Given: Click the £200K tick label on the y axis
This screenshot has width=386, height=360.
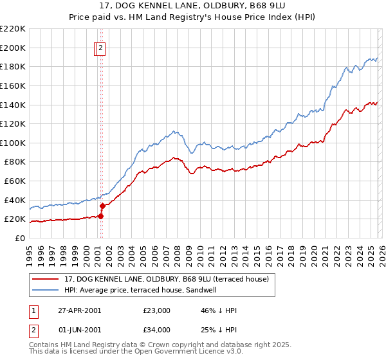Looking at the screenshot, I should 13,48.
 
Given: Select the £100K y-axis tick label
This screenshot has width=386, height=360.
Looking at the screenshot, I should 13,143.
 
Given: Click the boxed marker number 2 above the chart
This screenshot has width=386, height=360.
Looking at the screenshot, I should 102,47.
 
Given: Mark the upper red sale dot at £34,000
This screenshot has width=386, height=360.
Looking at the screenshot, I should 102,206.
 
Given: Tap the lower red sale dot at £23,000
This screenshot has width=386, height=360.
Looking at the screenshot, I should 101,216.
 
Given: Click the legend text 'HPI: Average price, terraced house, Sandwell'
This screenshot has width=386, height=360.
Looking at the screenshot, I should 140,290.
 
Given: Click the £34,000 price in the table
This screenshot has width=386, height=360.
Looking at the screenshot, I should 158,330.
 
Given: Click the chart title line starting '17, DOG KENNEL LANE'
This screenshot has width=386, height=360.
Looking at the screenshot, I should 193,7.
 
